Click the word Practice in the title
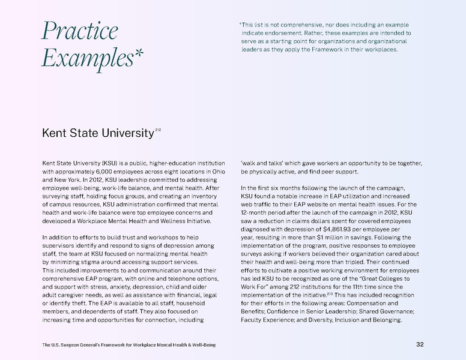[x=79, y=31]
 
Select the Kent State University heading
[x=97, y=133]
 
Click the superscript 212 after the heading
[x=158, y=129]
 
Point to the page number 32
[x=420, y=344]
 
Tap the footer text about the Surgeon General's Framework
[x=129, y=345]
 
